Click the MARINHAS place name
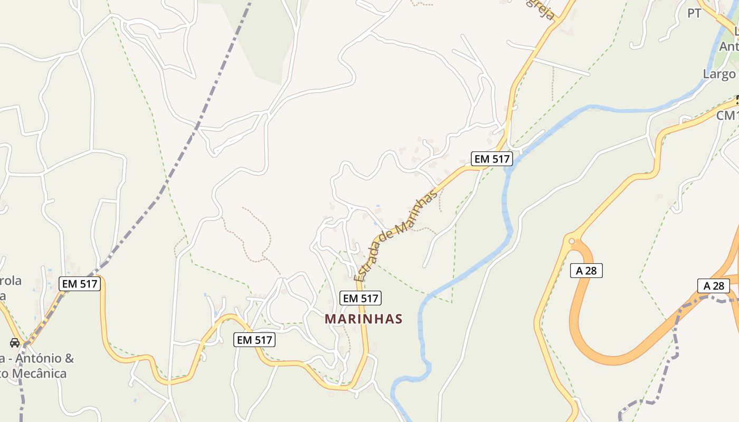pos(364,319)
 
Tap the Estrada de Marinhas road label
pos(396,235)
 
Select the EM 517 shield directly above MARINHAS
pos(361,298)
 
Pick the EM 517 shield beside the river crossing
pos(491,158)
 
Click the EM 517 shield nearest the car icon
pos(79,284)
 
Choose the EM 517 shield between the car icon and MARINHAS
pos(254,340)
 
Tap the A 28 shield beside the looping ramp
pos(586,271)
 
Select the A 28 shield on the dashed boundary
pos(713,286)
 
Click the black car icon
pos(15,343)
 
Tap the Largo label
pos(719,74)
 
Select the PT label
pos(694,13)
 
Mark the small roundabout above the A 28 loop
pos(571,242)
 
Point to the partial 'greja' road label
pos(541,9)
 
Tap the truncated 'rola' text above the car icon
pos(11,281)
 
